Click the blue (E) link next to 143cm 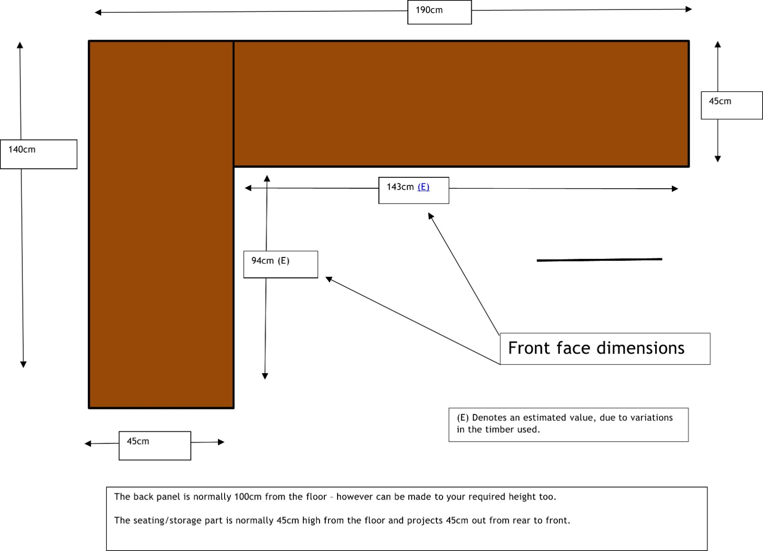click(x=423, y=187)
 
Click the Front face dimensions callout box click(x=605, y=349)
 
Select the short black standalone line click(x=599, y=260)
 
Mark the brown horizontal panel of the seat click(x=461, y=104)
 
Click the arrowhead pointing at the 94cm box click(x=329, y=279)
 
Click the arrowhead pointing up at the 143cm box click(x=430, y=215)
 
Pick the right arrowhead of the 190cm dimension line click(x=689, y=9)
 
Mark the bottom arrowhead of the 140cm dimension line click(x=23, y=365)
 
